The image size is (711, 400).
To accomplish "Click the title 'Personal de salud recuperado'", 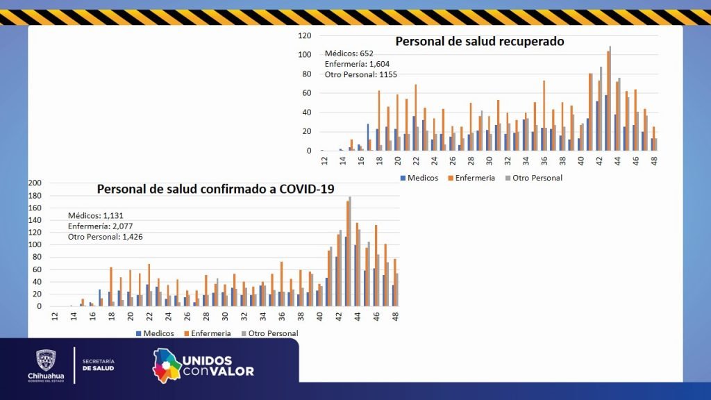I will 480,42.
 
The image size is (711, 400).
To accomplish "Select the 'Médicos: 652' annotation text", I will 349,53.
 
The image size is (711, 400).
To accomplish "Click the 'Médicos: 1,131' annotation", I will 94,215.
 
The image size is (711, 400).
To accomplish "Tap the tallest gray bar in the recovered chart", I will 610,97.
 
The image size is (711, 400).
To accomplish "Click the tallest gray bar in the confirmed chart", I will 350,250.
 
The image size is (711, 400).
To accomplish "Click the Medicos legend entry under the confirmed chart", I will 155,333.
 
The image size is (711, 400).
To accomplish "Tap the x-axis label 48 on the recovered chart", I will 654,160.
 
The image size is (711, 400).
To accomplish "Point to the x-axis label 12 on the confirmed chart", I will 55,316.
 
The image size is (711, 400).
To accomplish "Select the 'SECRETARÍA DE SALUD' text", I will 98,365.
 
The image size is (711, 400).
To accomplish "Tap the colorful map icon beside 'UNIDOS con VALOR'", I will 166,365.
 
